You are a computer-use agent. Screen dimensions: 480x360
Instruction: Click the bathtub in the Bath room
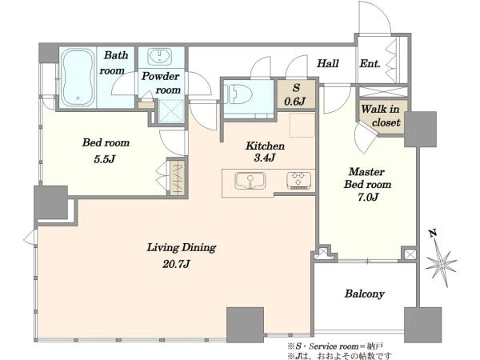tap(78, 77)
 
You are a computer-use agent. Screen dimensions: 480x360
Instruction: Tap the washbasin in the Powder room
tap(159, 56)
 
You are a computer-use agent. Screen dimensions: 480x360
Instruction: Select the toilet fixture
tap(238, 94)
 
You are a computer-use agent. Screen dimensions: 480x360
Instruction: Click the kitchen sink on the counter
tap(250, 180)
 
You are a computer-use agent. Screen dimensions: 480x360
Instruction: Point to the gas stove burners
tap(298, 179)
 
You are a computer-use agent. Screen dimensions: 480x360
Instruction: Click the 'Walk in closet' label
tap(381, 116)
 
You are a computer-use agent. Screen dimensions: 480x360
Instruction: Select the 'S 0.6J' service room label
tap(295, 94)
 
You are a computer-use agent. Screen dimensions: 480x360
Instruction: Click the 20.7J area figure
tap(176, 263)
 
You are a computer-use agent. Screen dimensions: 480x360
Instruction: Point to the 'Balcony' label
tap(364, 294)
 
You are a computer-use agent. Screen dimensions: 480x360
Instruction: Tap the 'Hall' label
tap(328, 63)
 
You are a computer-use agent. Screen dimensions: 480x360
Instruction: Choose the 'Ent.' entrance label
tap(370, 64)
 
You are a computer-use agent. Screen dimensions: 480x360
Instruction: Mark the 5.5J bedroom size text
tap(106, 159)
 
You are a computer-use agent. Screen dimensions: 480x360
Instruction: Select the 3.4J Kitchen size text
tap(265, 158)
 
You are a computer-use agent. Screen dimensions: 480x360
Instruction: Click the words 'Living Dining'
tap(182, 247)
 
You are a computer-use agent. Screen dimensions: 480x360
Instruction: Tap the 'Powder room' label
tap(161, 83)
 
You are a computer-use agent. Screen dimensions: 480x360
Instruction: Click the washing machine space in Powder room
tap(171, 111)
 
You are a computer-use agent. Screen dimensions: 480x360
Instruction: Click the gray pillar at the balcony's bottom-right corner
tap(422, 325)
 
